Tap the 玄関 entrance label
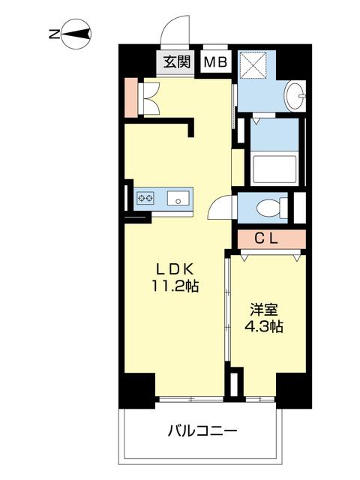(x=177, y=62)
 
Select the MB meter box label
(x=215, y=62)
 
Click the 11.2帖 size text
(x=177, y=286)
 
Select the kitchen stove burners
(x=145, y=199)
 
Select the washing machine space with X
(x=255, y=67)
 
